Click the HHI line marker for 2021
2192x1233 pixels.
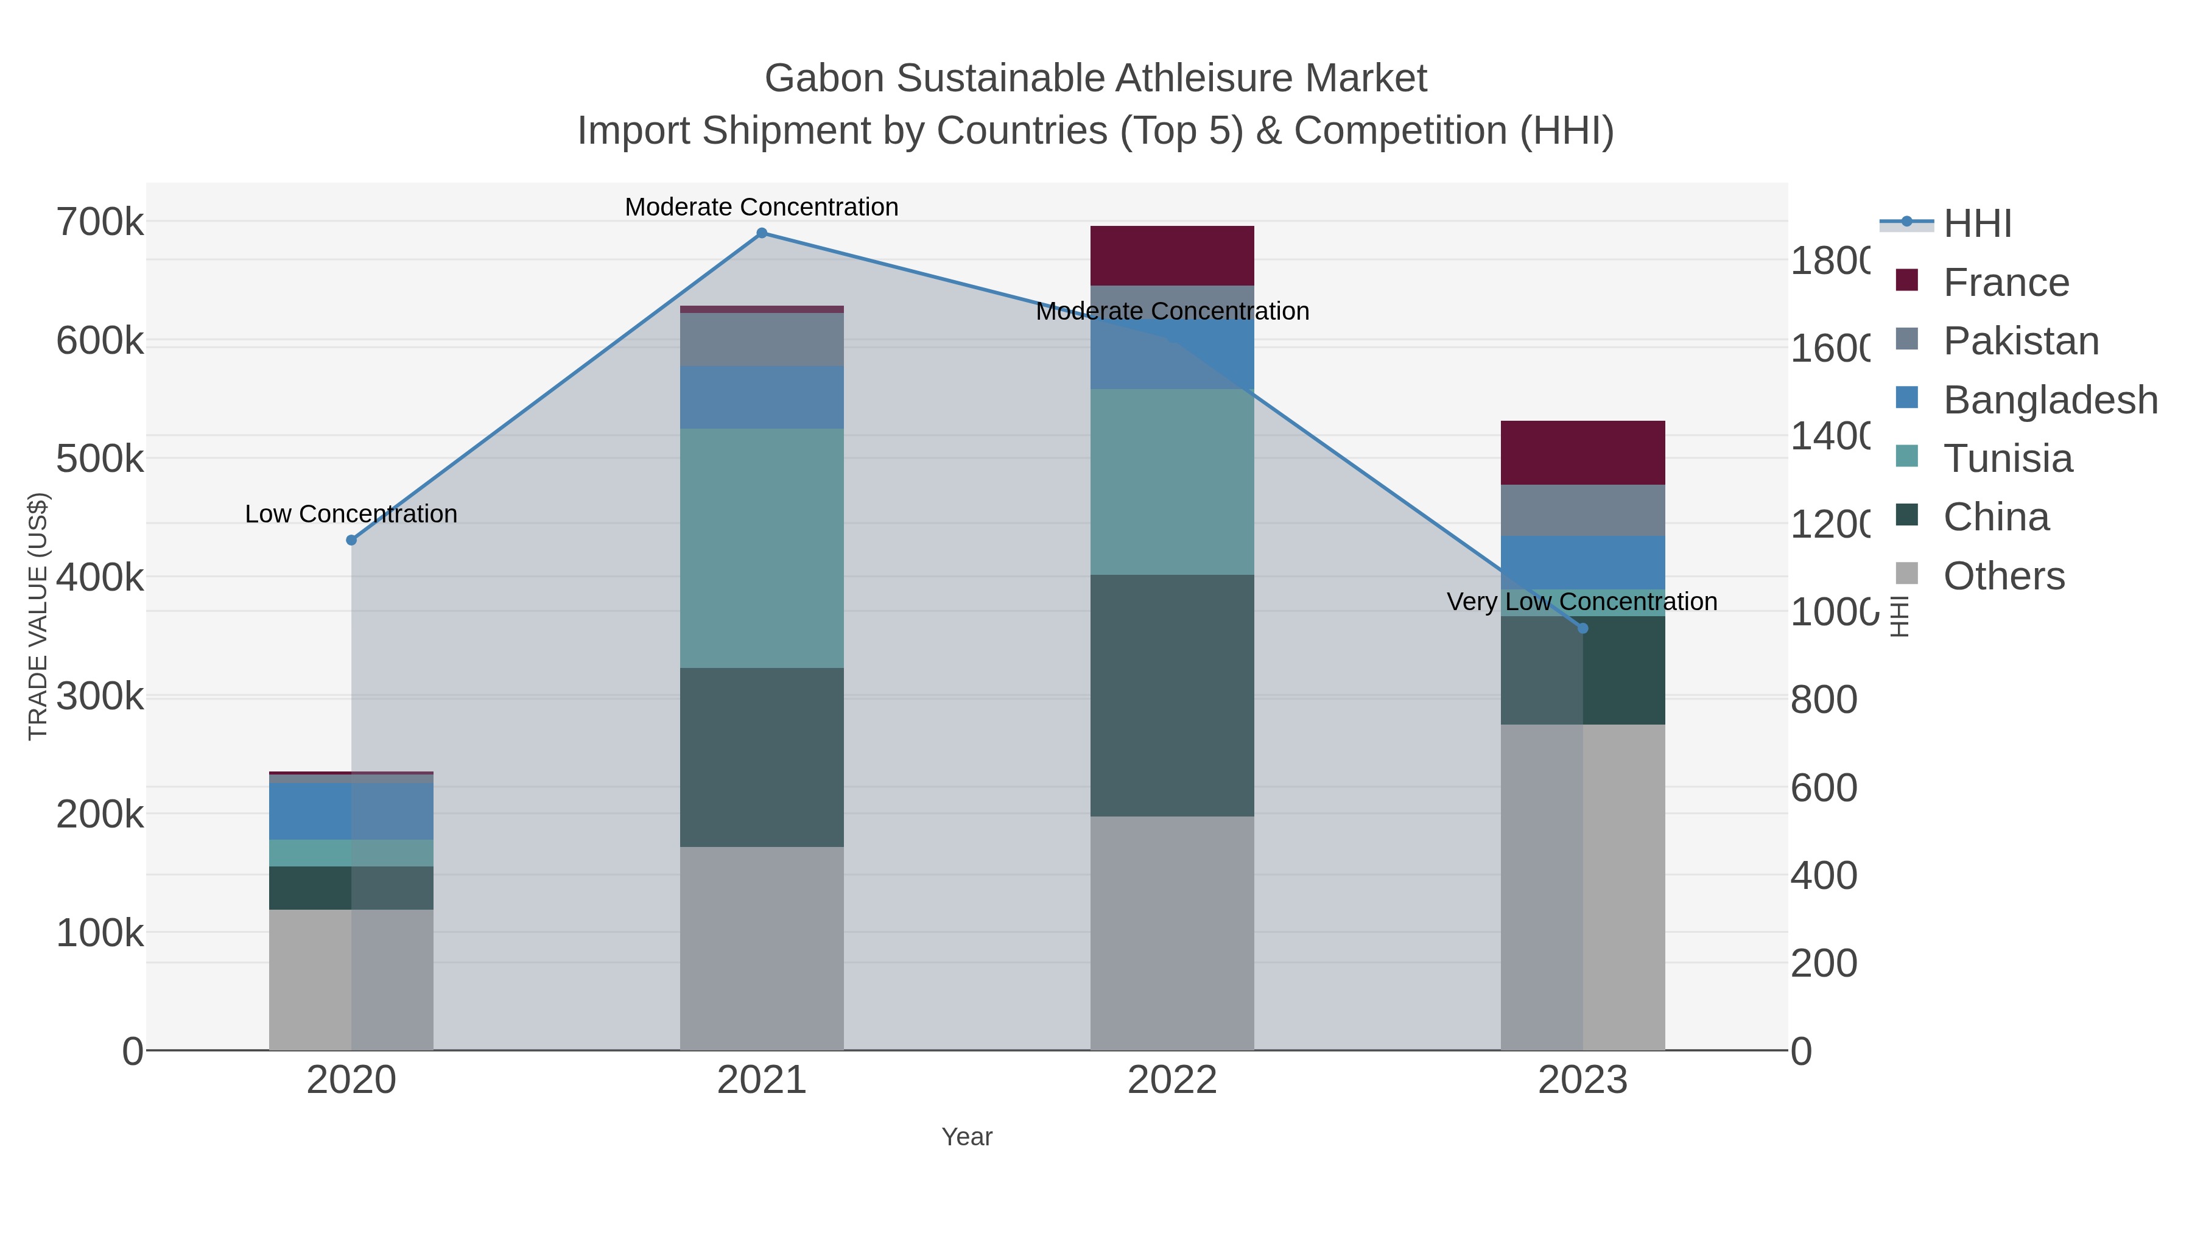click(762, 233)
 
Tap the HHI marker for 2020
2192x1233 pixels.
click(351, 540)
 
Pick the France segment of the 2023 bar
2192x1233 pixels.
click(1583, 452)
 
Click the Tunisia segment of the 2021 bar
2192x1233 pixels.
click(762, 548)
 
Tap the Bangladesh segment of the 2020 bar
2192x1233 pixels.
click(351, 811)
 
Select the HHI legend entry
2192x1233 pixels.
click(1976, 224)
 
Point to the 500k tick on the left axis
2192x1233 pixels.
click(100, 460)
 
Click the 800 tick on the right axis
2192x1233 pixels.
click(1824, 700)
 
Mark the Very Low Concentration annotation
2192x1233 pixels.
click(1582, 602)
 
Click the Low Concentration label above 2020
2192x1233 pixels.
click(351, 514)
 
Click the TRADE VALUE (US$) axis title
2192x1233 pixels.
click(38, 616)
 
